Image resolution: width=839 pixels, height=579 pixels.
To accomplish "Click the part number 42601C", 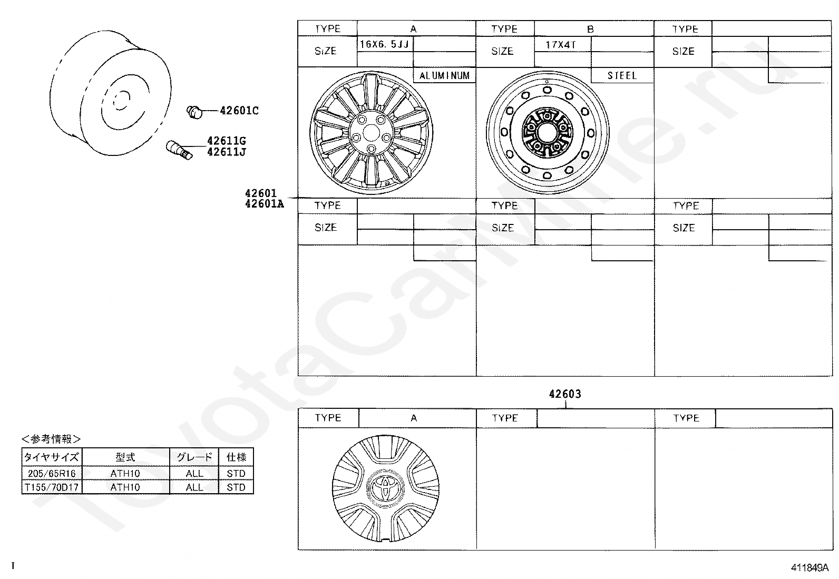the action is [239, 111].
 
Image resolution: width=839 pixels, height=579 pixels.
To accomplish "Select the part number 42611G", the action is [227, 141].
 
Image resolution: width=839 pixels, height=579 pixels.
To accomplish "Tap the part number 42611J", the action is [227, 152].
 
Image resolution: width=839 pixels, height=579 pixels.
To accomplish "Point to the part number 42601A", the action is [265, 204].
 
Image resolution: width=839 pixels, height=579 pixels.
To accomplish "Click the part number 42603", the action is [565, 394].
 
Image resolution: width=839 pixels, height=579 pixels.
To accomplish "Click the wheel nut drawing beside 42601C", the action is [194, 112].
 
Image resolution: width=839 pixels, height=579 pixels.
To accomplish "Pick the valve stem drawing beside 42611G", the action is [179, 150].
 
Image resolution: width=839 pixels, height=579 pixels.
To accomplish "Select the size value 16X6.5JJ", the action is [384, 45].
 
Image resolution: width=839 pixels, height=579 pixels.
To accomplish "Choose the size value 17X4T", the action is [561, 45].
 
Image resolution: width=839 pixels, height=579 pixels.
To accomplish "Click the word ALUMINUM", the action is [444, 76].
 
